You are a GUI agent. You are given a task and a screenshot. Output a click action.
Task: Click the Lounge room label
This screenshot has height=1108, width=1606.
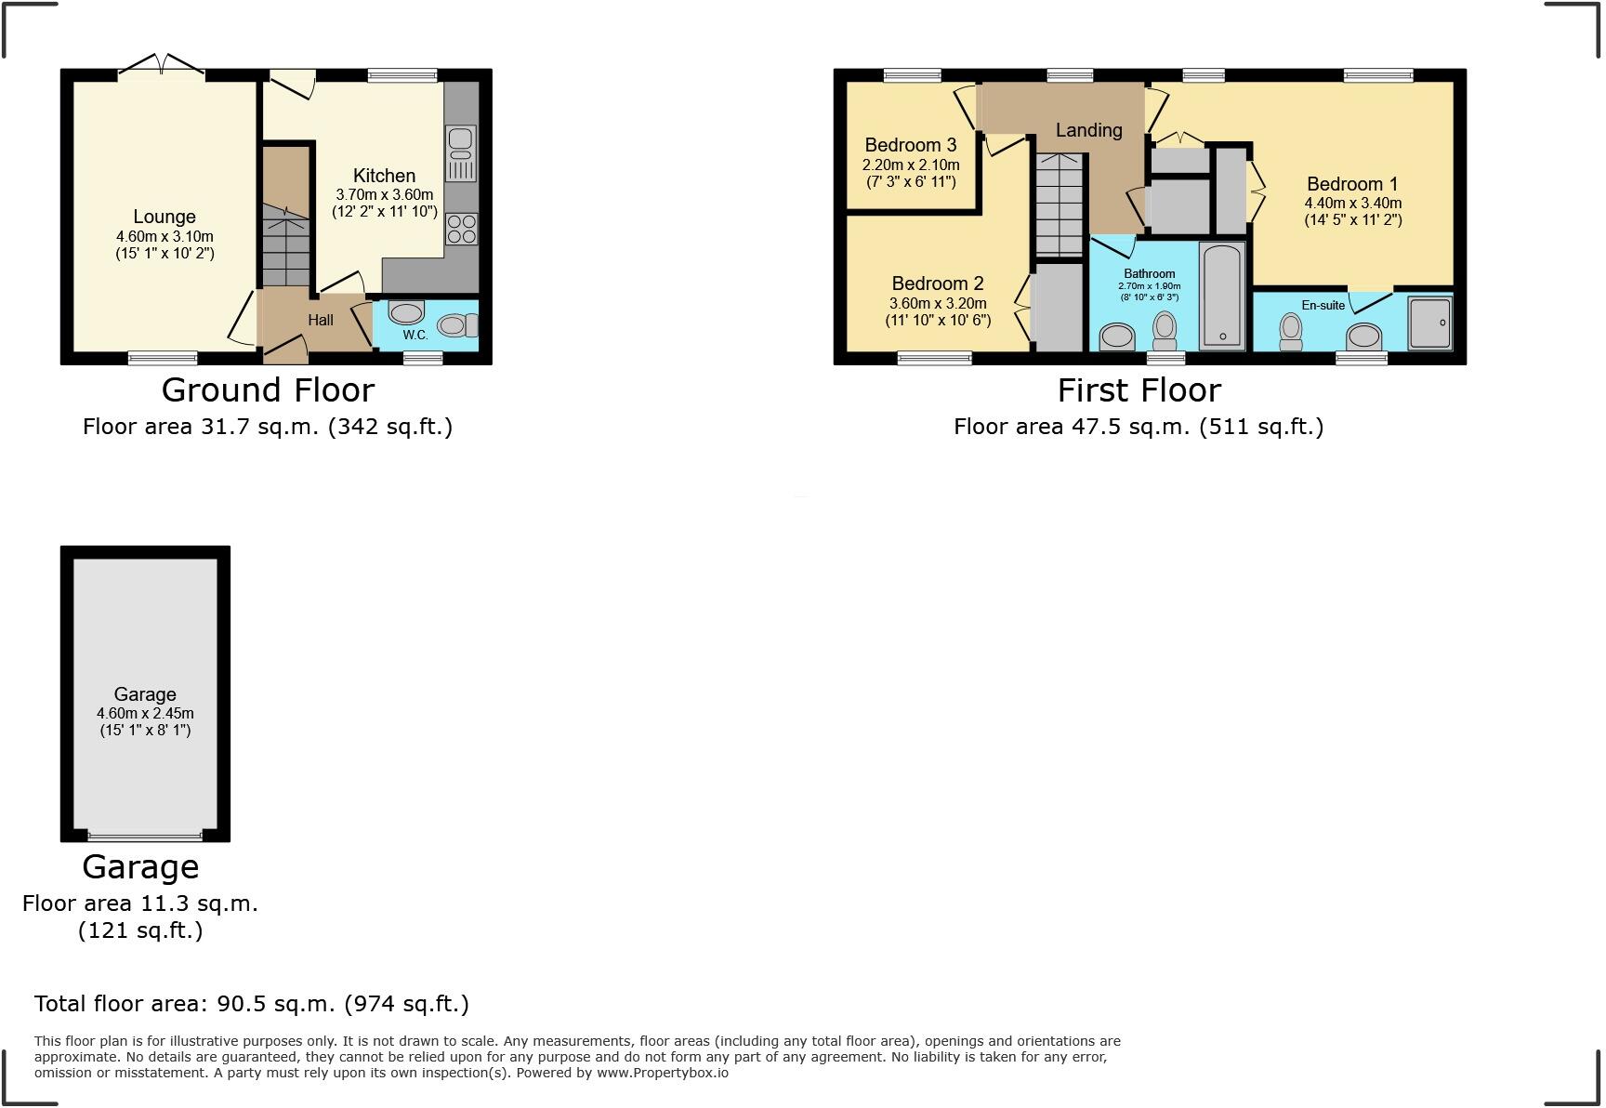point(165,217)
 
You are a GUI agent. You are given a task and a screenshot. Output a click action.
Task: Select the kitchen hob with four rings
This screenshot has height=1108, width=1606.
point(462,229)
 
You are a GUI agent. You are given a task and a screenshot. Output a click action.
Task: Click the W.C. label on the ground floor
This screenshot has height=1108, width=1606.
point(415,335)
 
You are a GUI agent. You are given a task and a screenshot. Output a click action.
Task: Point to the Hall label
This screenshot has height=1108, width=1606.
point(321,320)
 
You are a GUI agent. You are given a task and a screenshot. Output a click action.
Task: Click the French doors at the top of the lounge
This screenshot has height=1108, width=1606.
point(162,67)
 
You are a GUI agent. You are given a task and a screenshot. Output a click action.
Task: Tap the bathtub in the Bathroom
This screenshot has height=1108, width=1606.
point(1222,296)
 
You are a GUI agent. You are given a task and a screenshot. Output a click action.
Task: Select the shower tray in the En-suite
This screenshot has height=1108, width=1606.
point(1429,323)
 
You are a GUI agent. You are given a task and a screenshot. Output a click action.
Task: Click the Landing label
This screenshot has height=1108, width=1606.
point(1088,130)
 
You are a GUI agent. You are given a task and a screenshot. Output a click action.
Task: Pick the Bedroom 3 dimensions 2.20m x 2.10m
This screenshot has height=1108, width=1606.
point(911,165)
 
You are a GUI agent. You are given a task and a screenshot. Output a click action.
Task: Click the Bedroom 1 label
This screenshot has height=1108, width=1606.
point(1352,184)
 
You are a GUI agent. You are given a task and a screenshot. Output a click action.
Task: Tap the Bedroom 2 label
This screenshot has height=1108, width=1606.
point(938,284)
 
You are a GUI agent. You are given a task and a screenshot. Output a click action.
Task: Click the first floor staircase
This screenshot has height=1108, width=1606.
point(1060,204)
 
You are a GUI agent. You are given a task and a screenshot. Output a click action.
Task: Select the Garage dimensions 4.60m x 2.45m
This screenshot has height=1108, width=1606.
point(145,713)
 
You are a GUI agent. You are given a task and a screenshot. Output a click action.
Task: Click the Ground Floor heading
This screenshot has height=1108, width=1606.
point(268,389)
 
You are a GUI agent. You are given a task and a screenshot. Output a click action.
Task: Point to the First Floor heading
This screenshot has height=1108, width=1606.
point(1139,389)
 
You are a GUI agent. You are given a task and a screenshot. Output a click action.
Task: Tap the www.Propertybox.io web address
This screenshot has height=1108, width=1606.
point(662,1073)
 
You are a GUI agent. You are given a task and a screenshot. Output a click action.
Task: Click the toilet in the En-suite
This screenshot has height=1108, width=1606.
point(1291,331)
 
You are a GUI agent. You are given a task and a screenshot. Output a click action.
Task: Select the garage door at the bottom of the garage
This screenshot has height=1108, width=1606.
point(144,835)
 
